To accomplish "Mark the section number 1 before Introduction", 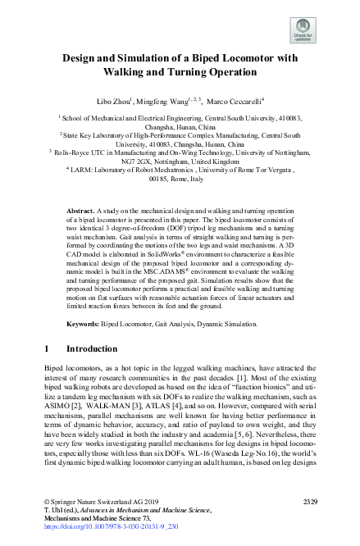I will pos(47,348).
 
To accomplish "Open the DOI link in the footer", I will pos(100,526).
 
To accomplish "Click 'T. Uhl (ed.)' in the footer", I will pos(63,509).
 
